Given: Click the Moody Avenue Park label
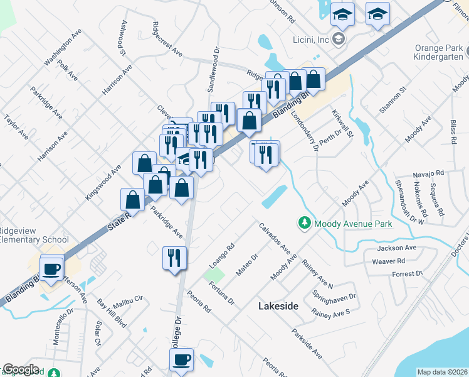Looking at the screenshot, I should pyautogui.click(x=353, y=224).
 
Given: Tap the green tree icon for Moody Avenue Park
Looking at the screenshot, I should pyautogui.click(x=304, y=223).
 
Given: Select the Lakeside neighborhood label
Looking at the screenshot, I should pyautogui.click(x=278, y=306).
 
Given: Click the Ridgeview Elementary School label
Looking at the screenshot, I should pyautogui.click(x=34, y=234).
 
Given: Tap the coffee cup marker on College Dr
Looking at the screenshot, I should pyautogui.click(x=182, y=360).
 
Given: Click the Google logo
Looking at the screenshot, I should pyautogui.click(x=21, y=369).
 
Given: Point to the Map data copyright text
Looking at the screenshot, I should pyautogui.click(x=441, y=372).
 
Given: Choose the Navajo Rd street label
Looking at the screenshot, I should pyautogui.click(x=428, y=173).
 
